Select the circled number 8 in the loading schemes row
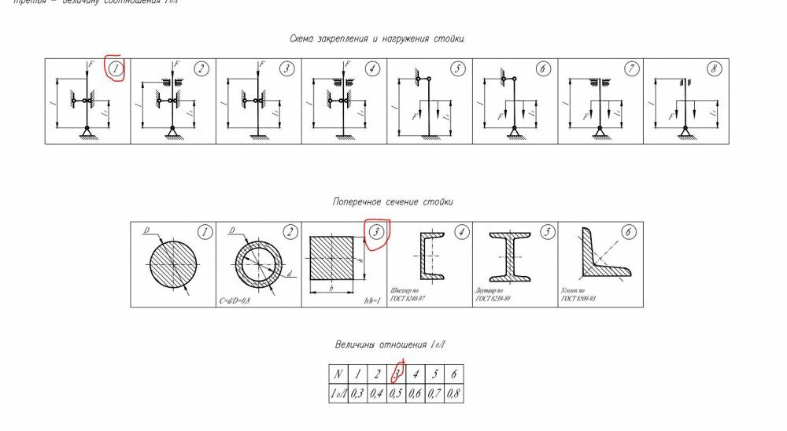pyautogui.click(x=715, y=69)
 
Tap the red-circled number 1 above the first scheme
pyautogui.click(x=116, y=69)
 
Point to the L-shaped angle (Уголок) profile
pyautogui.click(x=601, y=255)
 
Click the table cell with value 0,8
pyautogui.click(x=454, y=394)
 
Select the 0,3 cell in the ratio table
pyautogui.click(x=359, y=394)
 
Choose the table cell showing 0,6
pyautogui.click(x=416, y=394)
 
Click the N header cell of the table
pyautogui.click(x=339, y=374)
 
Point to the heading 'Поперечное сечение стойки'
pyautogui.click(x=393, y=202)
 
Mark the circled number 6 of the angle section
pyautogui.click(x=628, y=232)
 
